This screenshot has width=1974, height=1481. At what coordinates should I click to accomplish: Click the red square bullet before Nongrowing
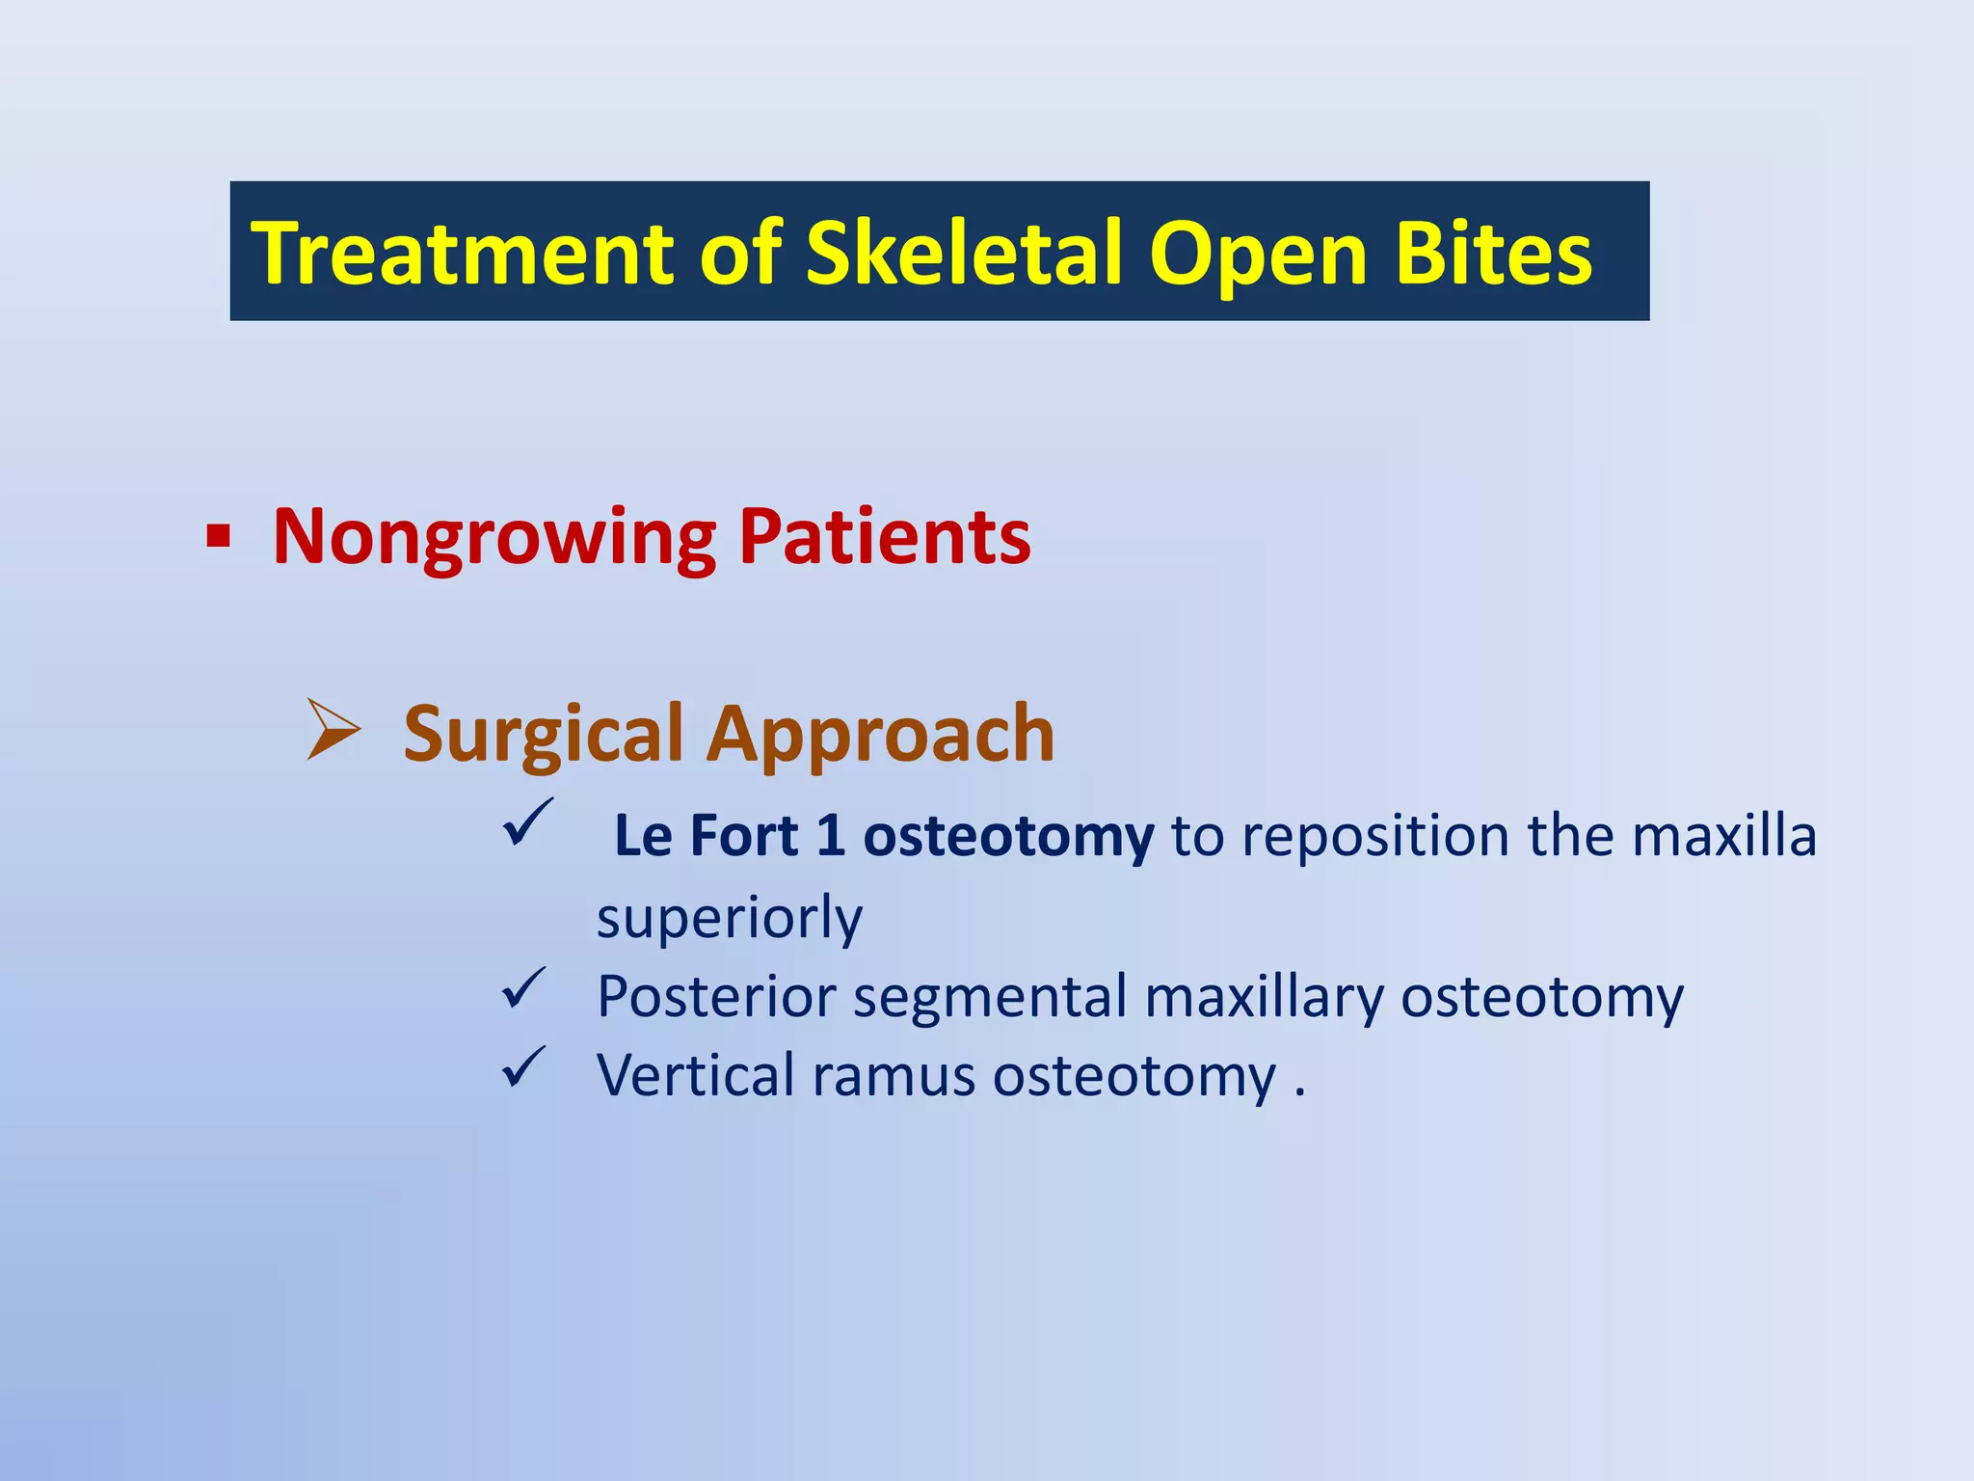tap(219, 536)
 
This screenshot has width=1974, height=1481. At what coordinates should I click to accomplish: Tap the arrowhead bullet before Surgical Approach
tap(333, 730)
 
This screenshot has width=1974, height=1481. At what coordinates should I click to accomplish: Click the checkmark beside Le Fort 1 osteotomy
tap(527, 822)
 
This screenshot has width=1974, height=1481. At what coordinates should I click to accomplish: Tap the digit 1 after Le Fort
tap(831, 835)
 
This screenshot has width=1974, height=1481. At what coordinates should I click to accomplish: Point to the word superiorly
tap(730, 917)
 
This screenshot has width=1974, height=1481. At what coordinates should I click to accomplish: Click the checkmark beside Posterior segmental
tap(524, 989)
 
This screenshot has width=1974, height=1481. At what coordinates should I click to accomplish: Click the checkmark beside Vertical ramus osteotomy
tap(524, 1068)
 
